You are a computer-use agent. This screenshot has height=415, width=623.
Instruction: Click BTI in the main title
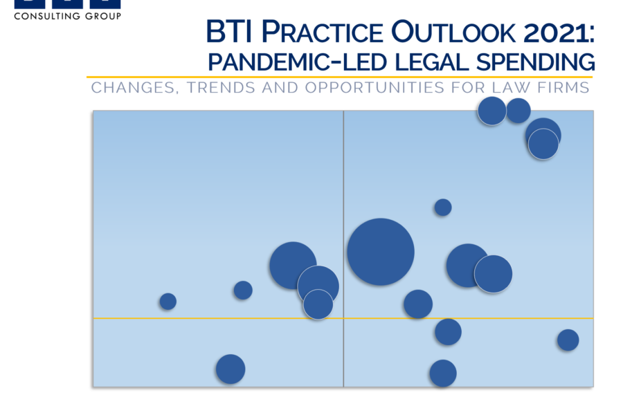tap(229, 31)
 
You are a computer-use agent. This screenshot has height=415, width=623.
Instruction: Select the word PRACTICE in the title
tap(322, 32)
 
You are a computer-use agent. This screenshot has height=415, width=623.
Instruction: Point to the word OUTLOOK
tap(453, 32)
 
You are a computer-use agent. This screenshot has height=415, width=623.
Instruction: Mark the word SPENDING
tap(536, 62)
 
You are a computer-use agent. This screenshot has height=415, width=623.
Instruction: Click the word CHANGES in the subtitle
tap(133, 88)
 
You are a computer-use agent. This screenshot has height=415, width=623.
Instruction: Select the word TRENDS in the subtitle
tap(221, 87)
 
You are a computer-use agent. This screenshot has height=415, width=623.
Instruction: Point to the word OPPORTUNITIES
tap(374, 87)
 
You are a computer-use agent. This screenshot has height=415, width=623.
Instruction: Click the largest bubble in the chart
tap(381, 252)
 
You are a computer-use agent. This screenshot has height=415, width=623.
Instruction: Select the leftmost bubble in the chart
tap(168, 302)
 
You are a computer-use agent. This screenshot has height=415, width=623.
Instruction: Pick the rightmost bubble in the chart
tap(568, 340)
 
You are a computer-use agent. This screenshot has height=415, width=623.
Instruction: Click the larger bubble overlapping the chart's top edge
tap(492, 111)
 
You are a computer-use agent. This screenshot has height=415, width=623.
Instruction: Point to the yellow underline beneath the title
tap(340, 77)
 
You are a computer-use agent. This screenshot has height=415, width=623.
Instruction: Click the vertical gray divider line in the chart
tap(343, 248)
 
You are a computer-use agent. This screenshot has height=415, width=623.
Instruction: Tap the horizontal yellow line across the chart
tap(343, 318)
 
